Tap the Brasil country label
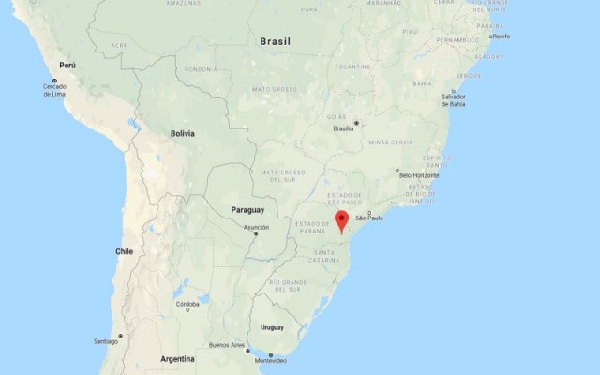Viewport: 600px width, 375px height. pos(275,42)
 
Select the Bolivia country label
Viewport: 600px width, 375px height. pos(183,134)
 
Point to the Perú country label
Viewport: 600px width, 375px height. pos(67,66)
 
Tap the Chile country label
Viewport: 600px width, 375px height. pos(125,251)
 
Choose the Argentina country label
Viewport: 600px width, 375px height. pos(177,359)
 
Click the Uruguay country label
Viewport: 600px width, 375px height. pos(272,327)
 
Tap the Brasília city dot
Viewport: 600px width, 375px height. pos(355,122)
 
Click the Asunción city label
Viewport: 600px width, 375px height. pos(256,227)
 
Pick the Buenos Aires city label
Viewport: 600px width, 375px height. pos(227,345)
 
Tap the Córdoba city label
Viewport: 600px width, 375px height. pos(187,303)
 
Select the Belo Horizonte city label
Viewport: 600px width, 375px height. pos(418,175)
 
